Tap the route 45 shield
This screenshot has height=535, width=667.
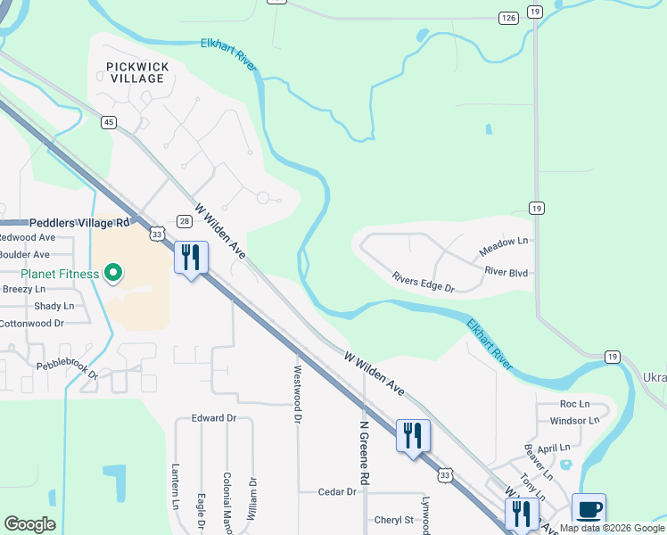(108, 122)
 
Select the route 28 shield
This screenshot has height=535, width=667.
(184, 221)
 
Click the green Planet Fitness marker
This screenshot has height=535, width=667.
(113, 273)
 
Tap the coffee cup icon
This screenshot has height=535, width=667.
(589, 509)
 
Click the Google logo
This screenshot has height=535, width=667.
(29, 524)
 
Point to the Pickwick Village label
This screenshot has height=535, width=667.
(136, 72)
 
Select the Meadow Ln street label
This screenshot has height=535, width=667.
(504, 242)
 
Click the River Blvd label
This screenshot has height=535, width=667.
(507, 270)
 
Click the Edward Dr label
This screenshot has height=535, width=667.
(213, 417)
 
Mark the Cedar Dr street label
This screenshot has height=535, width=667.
(337, 491)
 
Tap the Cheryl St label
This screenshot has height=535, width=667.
(394, 520)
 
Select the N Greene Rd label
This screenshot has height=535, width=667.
(364, 453)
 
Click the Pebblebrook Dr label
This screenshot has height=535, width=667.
(67, 370)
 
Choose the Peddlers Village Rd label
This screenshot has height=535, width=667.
(80, 222)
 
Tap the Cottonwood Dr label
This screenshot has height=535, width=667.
(34, 323)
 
